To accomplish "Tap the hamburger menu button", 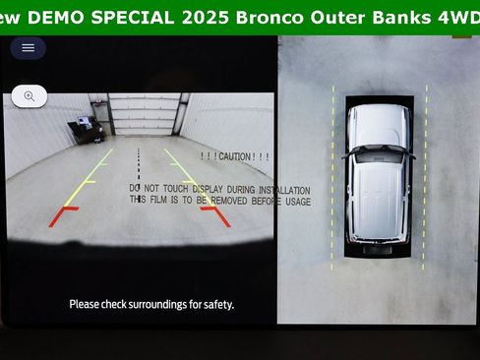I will point(28,47).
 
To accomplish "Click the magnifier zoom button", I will point(30,96).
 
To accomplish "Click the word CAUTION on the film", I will point(235,156).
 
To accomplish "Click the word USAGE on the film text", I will point(296,201).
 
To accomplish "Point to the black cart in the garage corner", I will point(87,127).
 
